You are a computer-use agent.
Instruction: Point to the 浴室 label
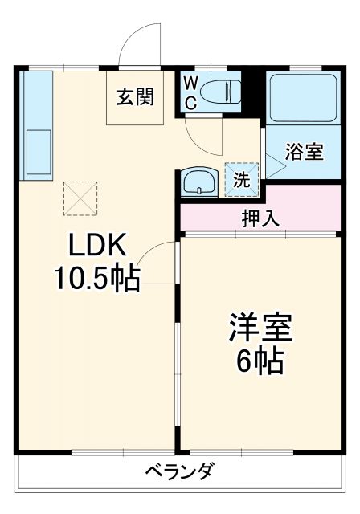pos(305,153)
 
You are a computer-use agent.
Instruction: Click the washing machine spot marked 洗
pos(242,179)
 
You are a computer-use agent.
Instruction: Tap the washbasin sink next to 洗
pos(198,182)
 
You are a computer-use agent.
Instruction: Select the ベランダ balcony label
pos(180,471)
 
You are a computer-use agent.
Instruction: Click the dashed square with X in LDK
pos(79,197)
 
